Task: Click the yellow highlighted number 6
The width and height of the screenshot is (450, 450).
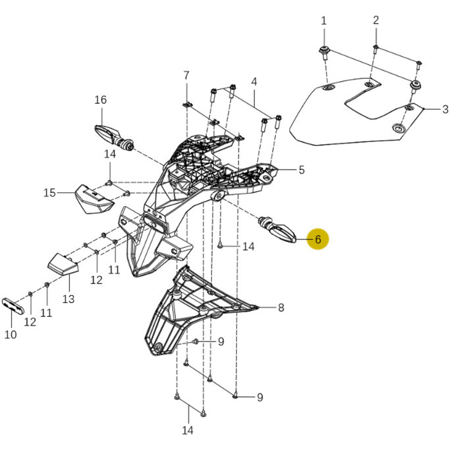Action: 318,239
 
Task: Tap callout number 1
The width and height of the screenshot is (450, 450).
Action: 324,21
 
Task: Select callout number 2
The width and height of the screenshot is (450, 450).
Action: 376,20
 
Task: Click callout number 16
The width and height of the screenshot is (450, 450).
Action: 100,100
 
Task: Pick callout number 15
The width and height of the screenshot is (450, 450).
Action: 50,193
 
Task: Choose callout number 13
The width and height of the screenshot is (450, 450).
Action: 68,299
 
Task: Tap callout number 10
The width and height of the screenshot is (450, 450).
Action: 11,334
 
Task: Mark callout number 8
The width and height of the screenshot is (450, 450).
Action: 281,308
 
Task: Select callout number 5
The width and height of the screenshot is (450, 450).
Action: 302,170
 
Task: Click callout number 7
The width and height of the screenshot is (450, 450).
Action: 186,75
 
